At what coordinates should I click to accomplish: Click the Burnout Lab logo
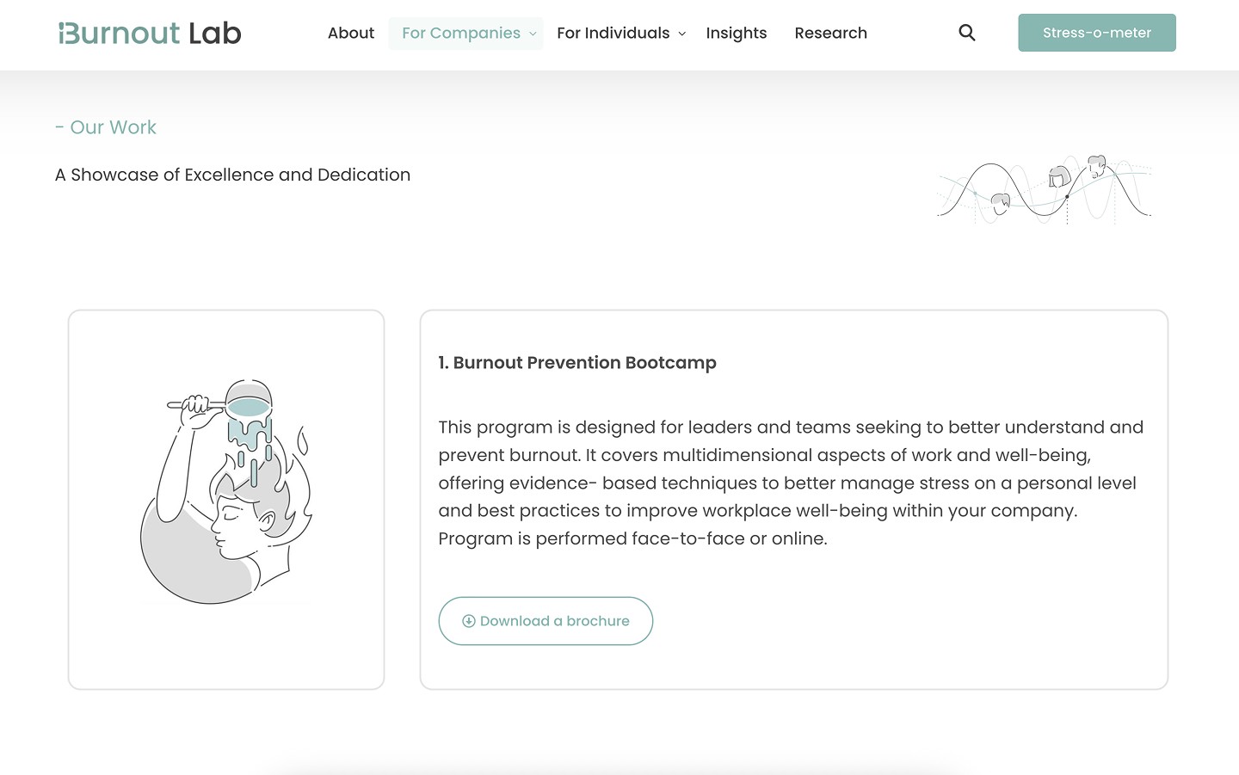coord(150,34)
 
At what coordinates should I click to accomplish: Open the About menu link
coord(351,34)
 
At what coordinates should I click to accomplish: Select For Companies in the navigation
coord(461,34)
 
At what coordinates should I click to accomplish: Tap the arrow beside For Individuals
coord(682,34)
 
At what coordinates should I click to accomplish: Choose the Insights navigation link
coord(737,34)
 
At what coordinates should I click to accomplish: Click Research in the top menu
coord(831,34)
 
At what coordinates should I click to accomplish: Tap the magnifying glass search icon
coord(967,33)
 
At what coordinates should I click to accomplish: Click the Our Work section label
coord(106,127)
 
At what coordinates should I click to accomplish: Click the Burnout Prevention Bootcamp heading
coord(576,363)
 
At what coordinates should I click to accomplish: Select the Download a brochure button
coord(546,621)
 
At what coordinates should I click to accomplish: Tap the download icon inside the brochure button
coord(468,621)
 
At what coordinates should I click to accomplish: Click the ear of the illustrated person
coord(266,522)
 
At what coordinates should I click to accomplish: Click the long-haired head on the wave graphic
coord(1059,177)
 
